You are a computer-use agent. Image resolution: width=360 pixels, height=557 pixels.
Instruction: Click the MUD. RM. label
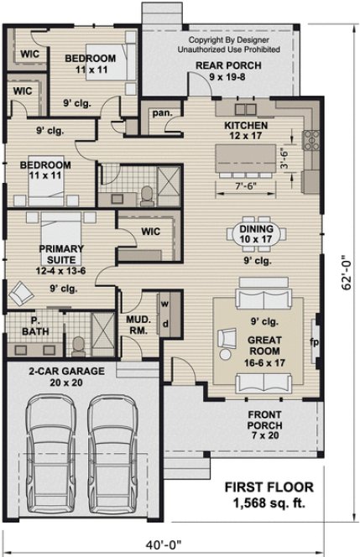138,325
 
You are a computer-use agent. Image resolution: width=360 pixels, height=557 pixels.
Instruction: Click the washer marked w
164,304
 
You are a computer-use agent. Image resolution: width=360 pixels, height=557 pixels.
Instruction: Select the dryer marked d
164,323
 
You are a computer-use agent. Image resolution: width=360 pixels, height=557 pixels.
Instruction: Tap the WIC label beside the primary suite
151,231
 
